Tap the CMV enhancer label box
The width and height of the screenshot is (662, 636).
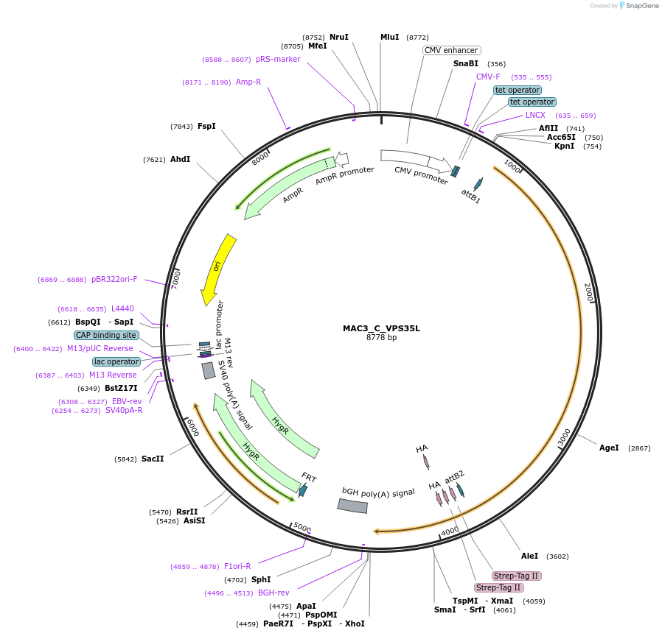[452, 50]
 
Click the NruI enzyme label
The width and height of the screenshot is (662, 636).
[339, 37]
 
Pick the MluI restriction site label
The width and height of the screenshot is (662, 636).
[389, 37]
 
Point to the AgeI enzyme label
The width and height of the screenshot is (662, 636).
[609, 448]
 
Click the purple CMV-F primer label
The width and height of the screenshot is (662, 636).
[488, 77]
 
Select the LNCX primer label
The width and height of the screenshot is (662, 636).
[535, 115]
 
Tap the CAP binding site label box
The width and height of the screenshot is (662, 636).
[106, 335]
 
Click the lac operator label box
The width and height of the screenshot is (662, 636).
[116, 361]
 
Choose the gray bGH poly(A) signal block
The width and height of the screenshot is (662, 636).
[352, 506]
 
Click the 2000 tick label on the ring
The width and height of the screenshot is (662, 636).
[588, 291]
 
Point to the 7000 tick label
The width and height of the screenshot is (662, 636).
[175, 278]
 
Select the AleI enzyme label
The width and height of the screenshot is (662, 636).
[530, 556]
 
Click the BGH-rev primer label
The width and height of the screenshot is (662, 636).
[273, 593]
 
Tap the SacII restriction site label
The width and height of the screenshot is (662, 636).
[153, 459]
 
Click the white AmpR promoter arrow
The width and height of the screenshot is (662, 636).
[342, 159]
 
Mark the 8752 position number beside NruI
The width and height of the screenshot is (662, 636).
[313, 37]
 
